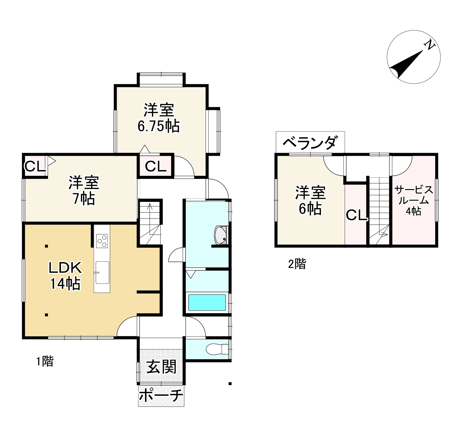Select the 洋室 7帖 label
pyautogui.click(x=83, y=191)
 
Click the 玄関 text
pyautogui.click(x=162, y=367)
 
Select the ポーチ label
pyautogui.click(x=161, y=396)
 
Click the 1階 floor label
pyautogui.click(x=45, y=361)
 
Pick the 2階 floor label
pyautogui.click(x=297, y=264)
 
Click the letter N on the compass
pyautogui.click(x=429, y=45)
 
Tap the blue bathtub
pyautogui.click(x=207, y=302)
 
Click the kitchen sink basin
pyautogui.click(x=102, y=272)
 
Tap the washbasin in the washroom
pyautogui.click(x=221, y=235)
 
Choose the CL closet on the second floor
pyautogui.click(x=356, y=215)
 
